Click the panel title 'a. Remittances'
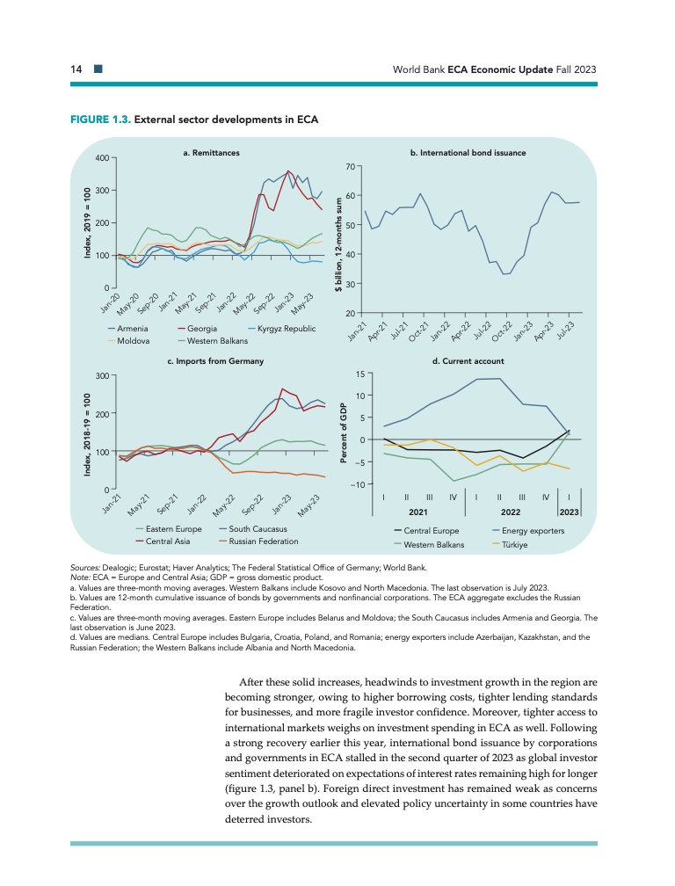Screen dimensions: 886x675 pyautogui.click(x=211, y=153)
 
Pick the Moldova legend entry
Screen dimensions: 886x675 pyautogui.click(x=131, y=340)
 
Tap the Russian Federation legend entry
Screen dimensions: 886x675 pyautogui.click(x=263, y=541)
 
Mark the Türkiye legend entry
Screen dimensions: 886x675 pyautogui.click(x=521, y=545)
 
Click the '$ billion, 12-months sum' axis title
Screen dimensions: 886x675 pyautogui.click(x=337, y=237)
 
